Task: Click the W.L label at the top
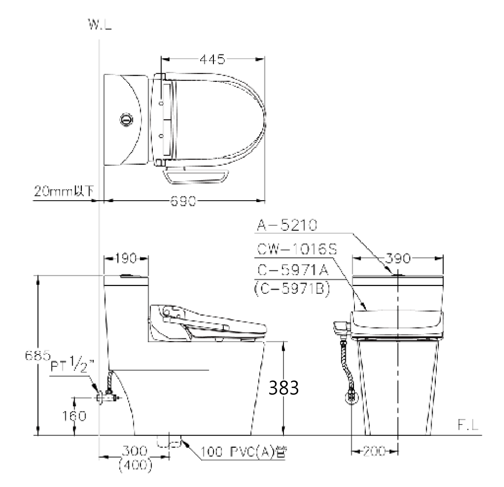[x=100, y=25]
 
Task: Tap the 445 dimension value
[x=212, y=59]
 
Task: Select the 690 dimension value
[x=183, y=201]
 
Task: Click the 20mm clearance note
[x=64, y=191]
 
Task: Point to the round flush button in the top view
[x=126, y=120]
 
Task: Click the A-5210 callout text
[x=287, y=225]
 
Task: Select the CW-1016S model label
[x=297, y=249]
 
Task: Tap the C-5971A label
[x=293, y=270]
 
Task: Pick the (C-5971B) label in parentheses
[x=292, y=289]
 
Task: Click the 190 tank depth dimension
[x=126, y=258]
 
